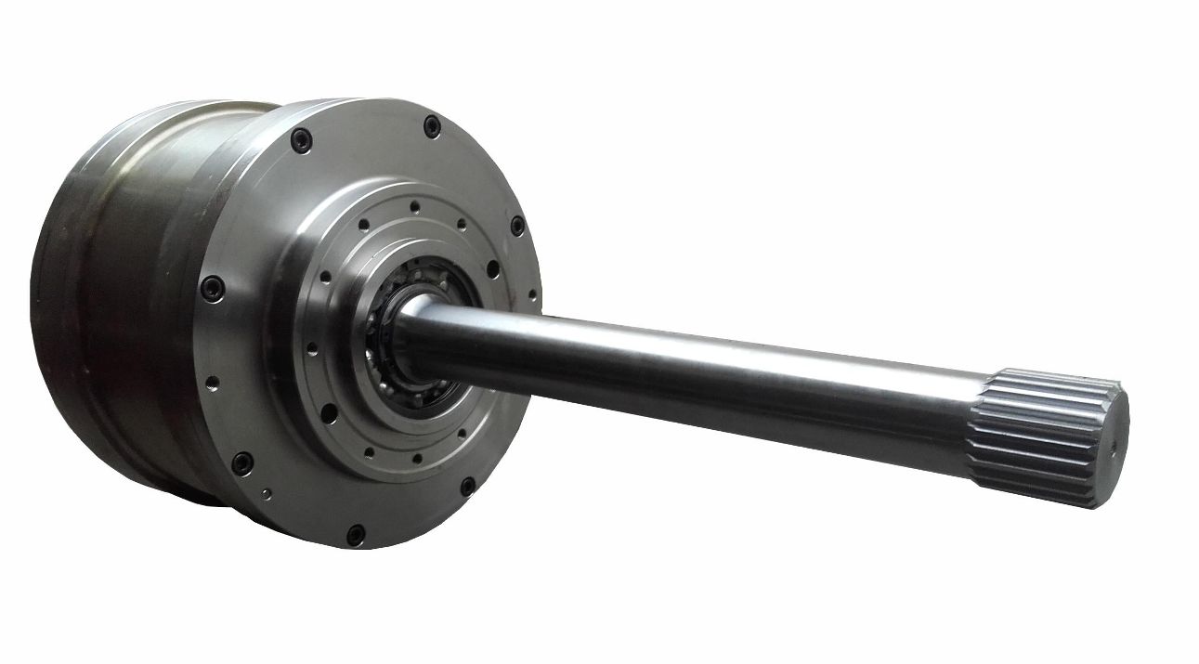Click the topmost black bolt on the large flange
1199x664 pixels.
(432, 125)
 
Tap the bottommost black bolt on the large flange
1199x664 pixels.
(356, 534)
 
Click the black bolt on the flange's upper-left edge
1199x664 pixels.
(299, 141)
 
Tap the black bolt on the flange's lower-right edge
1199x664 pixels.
(468, 485)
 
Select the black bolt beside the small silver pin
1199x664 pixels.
(241, 461)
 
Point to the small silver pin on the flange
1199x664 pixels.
(266, 493)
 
